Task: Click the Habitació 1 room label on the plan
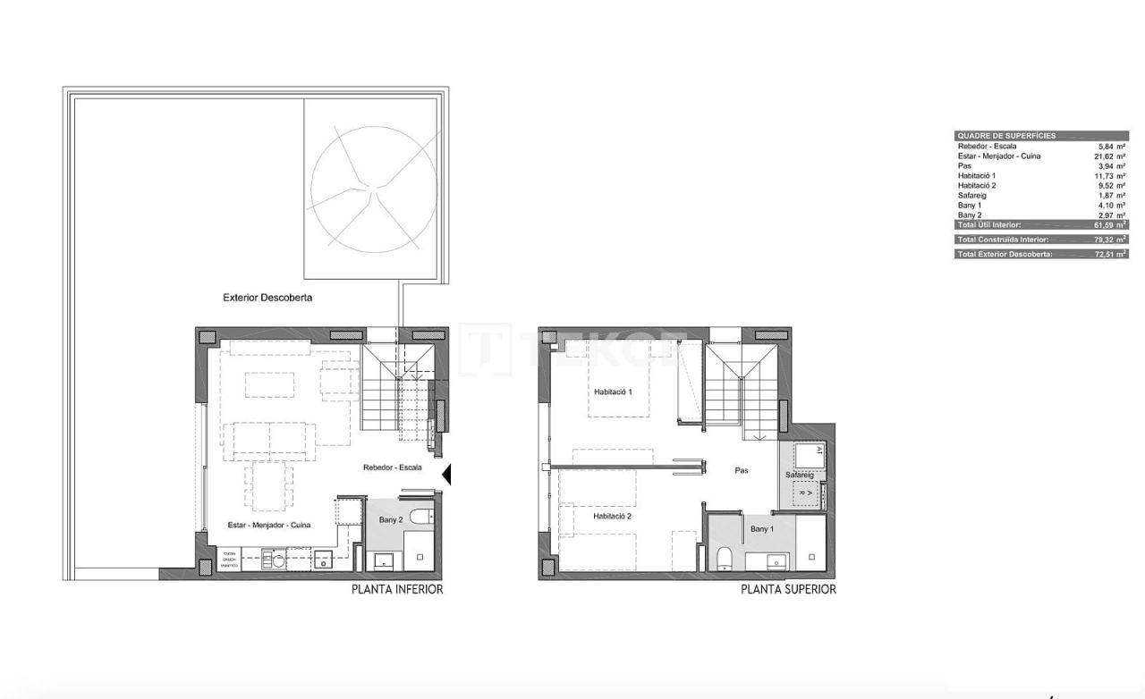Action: click(x=613, y=392)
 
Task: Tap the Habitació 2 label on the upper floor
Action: click(x=613, y=517)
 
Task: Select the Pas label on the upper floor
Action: click(x=741, y=470)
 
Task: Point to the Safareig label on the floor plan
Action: click(x=799, y=475)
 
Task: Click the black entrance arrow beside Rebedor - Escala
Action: click(x=447, y=475)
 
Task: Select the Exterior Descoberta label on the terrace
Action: click(x=267, y=297)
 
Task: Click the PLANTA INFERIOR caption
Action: click(x=397, y=589)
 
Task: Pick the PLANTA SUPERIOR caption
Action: click(x=788, y=589)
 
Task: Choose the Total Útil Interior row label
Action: click(x=988, y=225)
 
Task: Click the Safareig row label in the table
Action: click(x=974, y=196)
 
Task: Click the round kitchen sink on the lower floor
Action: click(x=279, y=560)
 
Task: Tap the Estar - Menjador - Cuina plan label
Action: click(x=269, y=525)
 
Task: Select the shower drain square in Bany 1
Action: click(x=812, y=556)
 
